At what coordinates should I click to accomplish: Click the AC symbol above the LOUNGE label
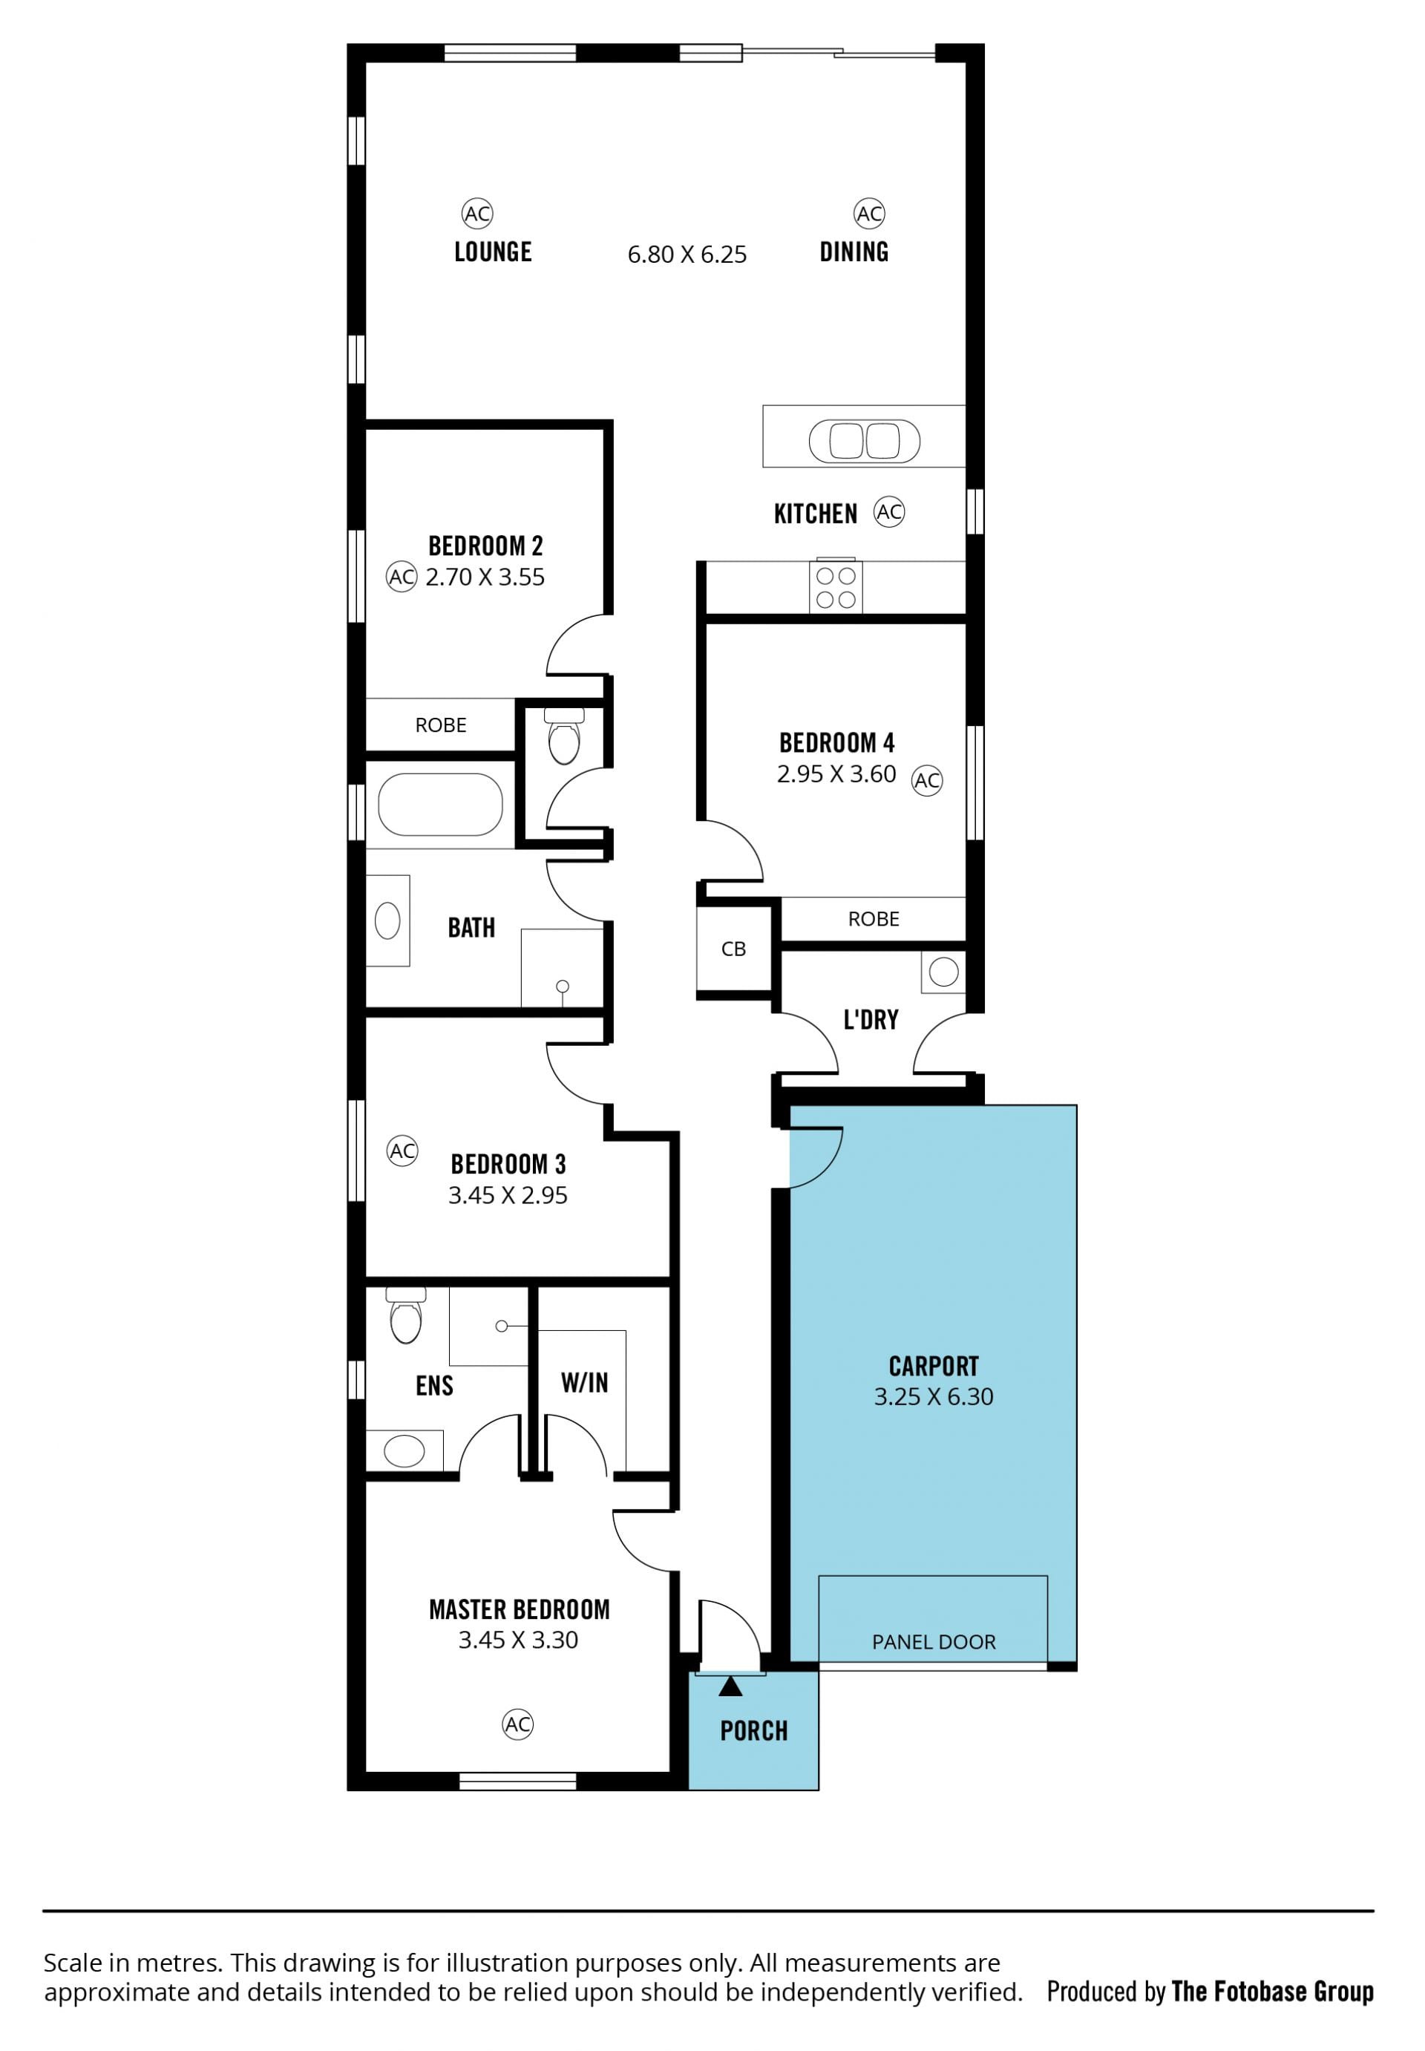pos(478,213)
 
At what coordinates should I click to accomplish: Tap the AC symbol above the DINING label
pos(869,213)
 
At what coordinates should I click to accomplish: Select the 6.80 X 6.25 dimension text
pos(687,255)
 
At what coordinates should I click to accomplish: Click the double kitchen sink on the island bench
pos(865,441)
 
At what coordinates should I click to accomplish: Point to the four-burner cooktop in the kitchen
pos(836,586)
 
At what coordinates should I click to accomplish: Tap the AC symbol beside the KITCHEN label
pos(889,511)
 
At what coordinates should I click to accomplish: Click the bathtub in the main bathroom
pos(440,804)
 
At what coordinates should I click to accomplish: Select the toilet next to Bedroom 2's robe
pos(563,736)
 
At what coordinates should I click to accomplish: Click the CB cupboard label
pos(733,949)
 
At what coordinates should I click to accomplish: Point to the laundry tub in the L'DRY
pos(944,972)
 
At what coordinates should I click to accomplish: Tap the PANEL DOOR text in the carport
pos(934,1641)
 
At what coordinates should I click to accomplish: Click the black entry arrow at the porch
pos(730,1686)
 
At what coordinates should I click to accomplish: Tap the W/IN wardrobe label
pos(585,1383)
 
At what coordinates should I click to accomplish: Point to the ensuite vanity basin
pos(404,1451)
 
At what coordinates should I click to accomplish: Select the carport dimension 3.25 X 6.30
pos(933,1396)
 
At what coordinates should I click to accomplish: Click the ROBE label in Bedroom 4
pos(874,919)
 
